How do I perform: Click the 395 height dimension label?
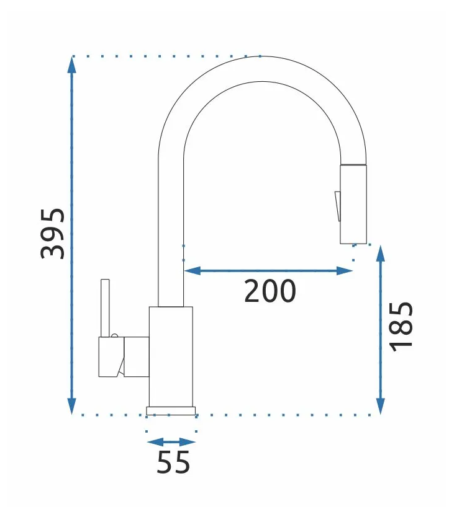click(53, 234)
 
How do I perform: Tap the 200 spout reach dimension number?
click(270, 291)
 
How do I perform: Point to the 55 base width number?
click(173, 462)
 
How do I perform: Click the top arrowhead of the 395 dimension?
click(71, 64)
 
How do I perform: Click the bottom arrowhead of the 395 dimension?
click(71, 405)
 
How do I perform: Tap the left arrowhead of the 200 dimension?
click(192, 271)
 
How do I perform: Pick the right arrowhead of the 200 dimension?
click(345, 271)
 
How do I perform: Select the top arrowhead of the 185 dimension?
click(381, 254)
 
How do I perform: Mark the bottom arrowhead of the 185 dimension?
click(381, 406)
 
